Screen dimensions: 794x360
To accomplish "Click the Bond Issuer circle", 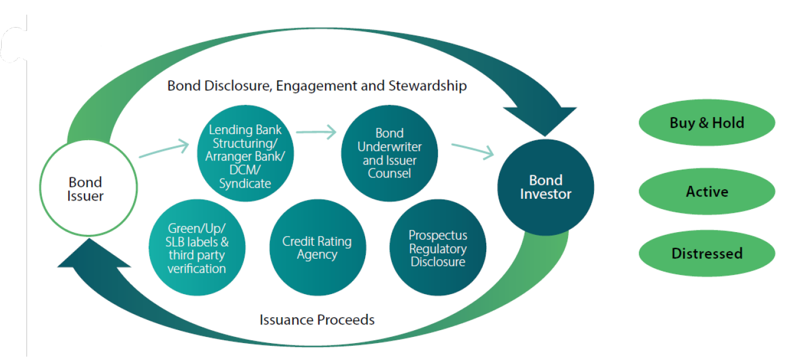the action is pyautogui.click(x=88, y=188).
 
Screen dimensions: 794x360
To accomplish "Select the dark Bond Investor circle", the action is pyautogui.click(x=545, y=187).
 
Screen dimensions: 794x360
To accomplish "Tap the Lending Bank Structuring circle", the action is pyautogui.click(x=245, y=153).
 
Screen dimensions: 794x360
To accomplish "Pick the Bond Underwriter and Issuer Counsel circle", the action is pyautogui.click(x=389, y=153).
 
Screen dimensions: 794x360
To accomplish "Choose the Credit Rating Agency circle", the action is pyautogui.click(x=318, y=247).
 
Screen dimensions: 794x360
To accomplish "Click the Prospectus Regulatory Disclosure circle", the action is pyautogui.click(x=438, y=247).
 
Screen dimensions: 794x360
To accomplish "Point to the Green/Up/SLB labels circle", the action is pyautogui.click(x=197, y=247).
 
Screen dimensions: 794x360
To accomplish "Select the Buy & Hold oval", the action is pyautogui.click(x=707, y=123).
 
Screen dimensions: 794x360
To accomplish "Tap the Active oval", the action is pyautogui.click(x=707, y=192).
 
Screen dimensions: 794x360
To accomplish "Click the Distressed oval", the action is pyautogui.click(x=707, y=254).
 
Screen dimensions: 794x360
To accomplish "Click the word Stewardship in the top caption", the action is pyautogui.click(x=428, y=86).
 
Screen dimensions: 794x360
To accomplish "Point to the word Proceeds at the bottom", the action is pyautogui.click(x=346, y=319).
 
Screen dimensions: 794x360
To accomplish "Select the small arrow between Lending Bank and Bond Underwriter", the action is pyautogui.click(x=316, y=132).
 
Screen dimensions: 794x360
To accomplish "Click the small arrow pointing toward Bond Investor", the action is pyautogui.click(x=473, y=152).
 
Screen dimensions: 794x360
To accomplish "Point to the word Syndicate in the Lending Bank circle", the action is pyautogui.click(x=245, y=184).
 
